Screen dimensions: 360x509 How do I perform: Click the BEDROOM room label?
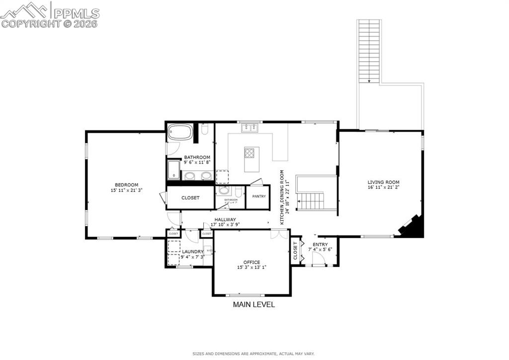tap(124, 185)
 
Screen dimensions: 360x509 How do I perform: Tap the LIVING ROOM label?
tap(383, 182)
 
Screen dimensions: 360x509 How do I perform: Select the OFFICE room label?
tap(252, 262)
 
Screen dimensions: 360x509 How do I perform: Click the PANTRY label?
tap(258, 196)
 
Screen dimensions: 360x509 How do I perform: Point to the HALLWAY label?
tap(225, 219)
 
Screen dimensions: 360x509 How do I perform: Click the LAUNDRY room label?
tap(192, 252)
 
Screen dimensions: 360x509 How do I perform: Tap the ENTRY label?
tap(320, 245)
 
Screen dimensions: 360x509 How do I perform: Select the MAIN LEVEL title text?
tap(254, 304)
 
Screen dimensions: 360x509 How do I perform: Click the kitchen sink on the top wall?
tap(250, 128)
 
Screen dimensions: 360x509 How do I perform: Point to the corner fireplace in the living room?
tap(413, 227)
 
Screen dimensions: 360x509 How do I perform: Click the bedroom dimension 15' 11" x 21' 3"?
tap(124, 190)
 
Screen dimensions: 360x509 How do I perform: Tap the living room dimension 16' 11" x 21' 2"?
tap(383, 188)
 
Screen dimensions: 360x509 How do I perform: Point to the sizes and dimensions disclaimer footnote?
tap(254, 354)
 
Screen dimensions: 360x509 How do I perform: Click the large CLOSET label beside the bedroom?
tap(190, 198)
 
